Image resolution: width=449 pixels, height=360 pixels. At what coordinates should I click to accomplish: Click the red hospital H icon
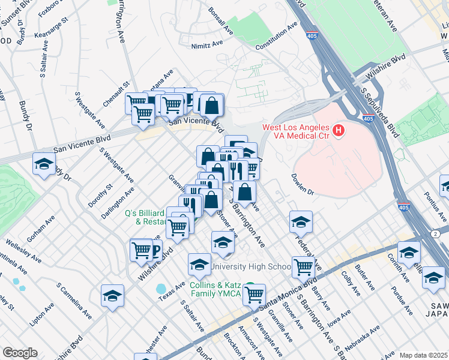(339, 130)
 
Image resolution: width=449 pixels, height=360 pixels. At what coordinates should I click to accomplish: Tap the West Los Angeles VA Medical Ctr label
(295, 133)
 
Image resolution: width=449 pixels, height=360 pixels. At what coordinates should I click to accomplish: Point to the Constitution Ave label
(276, 37)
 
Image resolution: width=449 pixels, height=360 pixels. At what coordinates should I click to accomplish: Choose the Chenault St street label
(116, 95)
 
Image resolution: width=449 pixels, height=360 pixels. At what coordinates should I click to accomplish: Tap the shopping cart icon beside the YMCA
(255, 294)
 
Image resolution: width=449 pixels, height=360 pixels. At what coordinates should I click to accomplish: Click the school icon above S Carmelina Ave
(112, 296)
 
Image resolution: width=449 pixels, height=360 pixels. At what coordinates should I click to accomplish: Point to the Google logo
(20, 352)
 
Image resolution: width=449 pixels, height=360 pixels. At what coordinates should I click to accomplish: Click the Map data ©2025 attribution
(423, 355)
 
